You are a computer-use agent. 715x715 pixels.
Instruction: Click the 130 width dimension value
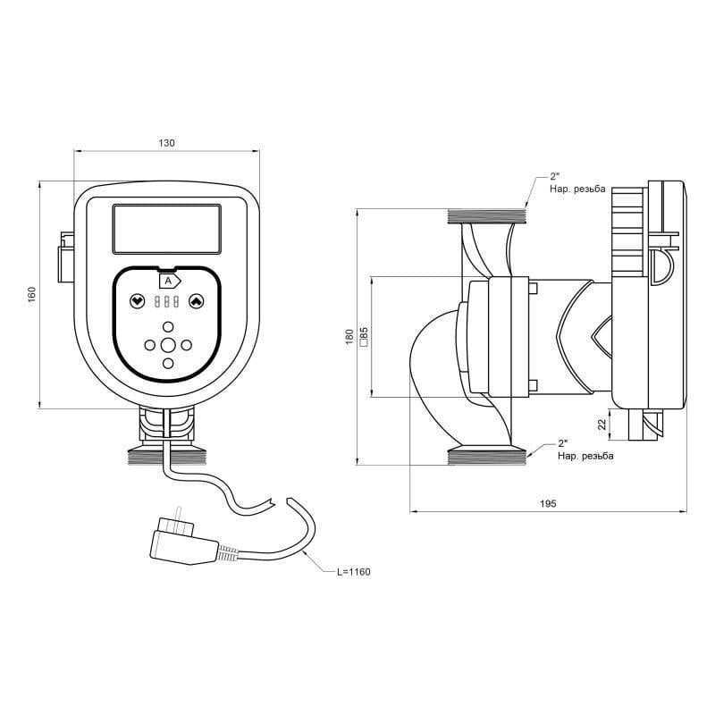click(x=166, y=143)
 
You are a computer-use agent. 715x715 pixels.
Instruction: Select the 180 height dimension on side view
click(x=349, y=337)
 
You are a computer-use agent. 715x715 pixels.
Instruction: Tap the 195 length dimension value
click(x=548, y=504)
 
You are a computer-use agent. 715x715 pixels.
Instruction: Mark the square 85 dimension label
click(x=363, y=337)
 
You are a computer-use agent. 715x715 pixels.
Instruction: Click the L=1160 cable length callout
click(x=353, y=571)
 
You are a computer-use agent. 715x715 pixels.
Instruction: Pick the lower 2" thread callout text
click(x=585, y=450)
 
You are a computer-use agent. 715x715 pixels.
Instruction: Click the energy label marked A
click(x=168, y=280)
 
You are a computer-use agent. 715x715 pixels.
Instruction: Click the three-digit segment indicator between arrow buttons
click(x=167, y=302)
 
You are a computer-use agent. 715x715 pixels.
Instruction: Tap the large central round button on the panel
click(x=168, y=345)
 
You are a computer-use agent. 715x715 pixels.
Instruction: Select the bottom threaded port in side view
click(x=487, y=456)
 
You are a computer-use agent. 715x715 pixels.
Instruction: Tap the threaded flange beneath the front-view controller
click(x=167, y=455)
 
